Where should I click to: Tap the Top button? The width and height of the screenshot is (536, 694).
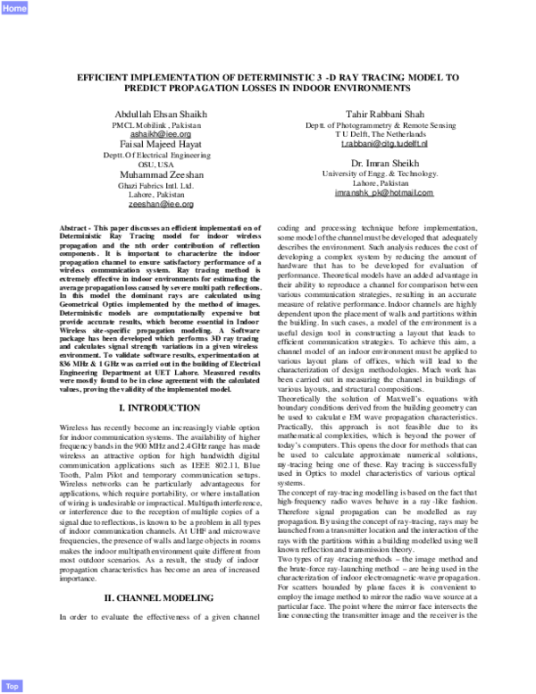13,686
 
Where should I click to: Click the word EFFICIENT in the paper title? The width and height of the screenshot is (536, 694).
106,78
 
